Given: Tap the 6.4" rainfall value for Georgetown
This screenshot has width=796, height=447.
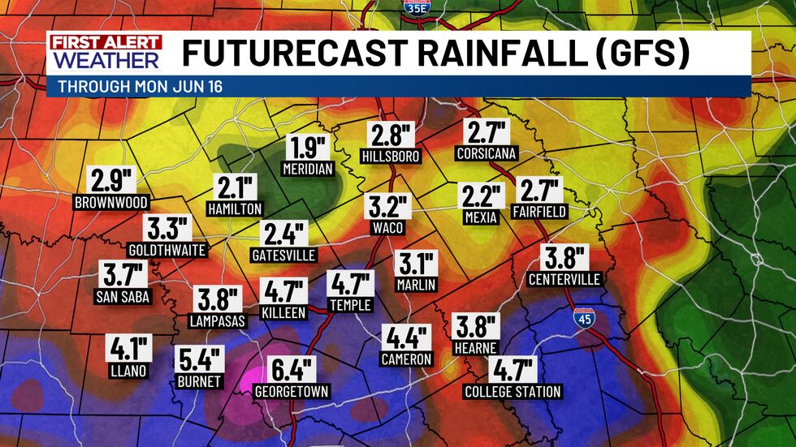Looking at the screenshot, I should coord(291,371).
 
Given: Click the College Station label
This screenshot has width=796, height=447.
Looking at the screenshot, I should coord(513,392).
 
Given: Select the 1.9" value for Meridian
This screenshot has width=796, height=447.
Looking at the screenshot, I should coord(308,148).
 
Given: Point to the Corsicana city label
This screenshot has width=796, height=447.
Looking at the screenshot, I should coord(487,153).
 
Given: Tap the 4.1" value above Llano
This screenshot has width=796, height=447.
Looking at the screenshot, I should coord(128,350).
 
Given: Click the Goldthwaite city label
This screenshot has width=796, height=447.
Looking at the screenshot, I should coord(167,249).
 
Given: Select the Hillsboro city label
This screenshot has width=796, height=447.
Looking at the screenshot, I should coord(391,156).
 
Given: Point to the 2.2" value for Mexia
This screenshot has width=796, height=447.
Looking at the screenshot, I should coord(482,196).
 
